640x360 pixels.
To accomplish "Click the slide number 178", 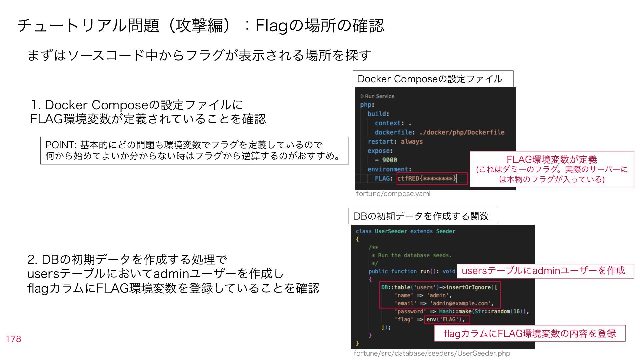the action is tap(13, 339).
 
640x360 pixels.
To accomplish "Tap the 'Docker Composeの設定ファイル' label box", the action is tap(433, 79).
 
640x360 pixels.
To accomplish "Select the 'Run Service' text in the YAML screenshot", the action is tap(379, 96).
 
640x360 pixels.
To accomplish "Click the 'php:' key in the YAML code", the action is tap(367, 105).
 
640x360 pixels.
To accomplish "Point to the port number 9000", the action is tap(389, 160).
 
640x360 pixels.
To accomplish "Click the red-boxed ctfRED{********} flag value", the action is tap(427, 178).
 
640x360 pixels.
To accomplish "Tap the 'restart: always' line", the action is tap(395, 142).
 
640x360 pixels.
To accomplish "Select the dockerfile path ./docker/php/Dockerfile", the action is tap(462, 132).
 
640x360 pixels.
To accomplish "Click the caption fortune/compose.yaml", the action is tap(393, 194).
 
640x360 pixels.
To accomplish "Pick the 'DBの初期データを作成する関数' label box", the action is tap(423, 216).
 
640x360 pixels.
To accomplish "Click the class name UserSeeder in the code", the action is tap(391, 231).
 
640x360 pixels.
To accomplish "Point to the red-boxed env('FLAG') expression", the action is tap(447, 319).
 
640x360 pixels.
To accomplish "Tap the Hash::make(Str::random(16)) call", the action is tap(484, 311).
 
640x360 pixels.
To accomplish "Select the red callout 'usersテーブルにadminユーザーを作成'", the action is tap(545, 271).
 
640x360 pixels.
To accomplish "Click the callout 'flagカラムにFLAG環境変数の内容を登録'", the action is tap(530, 333).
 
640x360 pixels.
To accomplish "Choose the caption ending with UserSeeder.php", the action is tap(432, 353).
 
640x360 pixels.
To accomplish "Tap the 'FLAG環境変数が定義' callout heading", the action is tap(552, 159).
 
